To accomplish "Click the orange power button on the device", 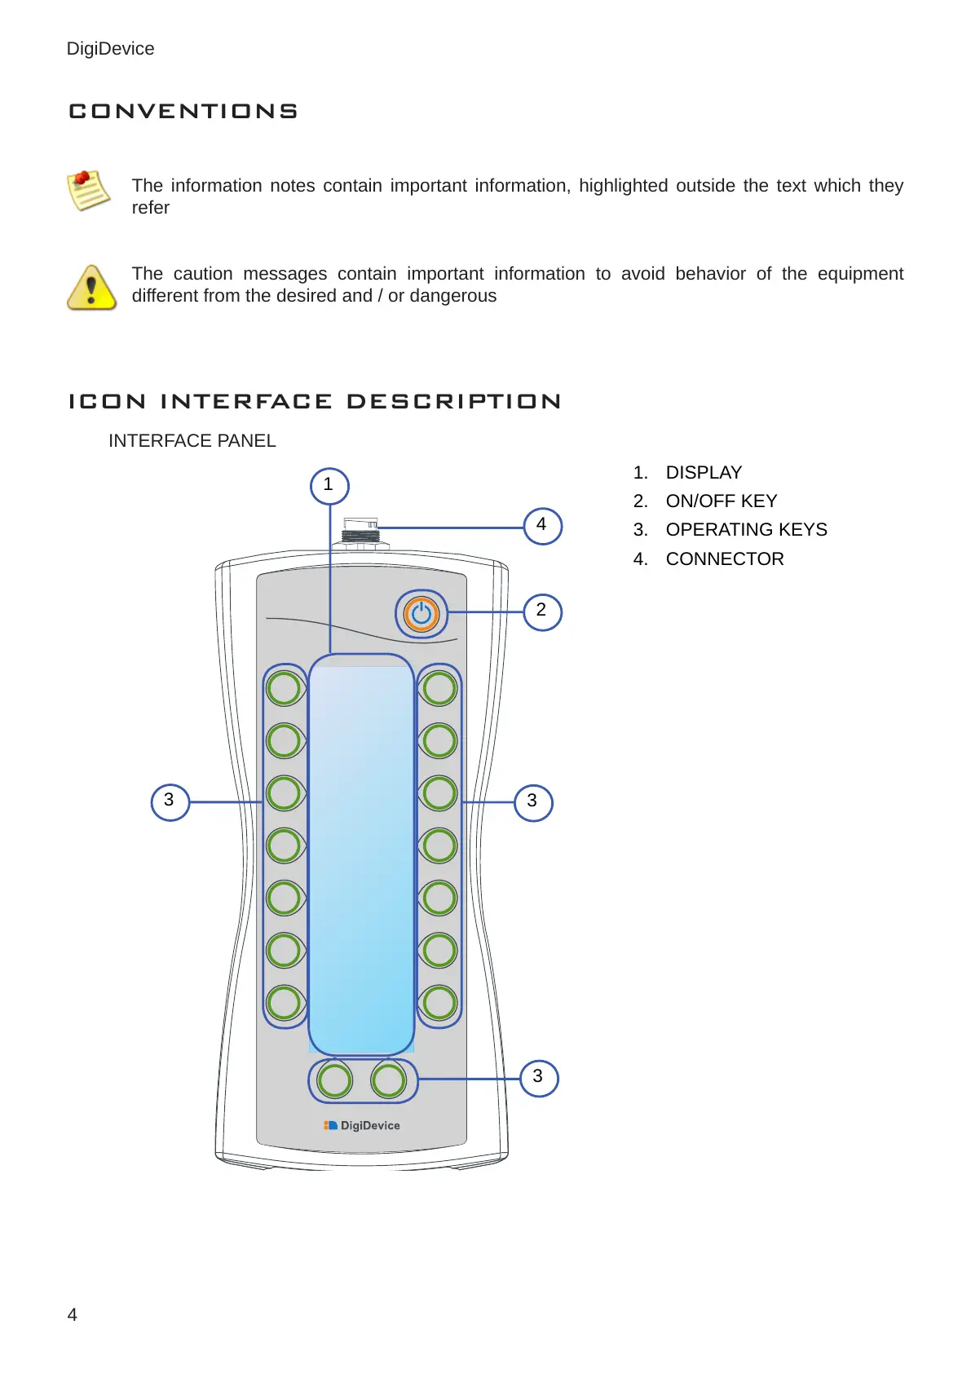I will [x=422, y=614].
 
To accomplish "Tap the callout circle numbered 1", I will [x=329, y=486].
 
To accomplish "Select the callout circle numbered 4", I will [x=542, y=525].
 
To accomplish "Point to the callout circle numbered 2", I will [x=542, y=611].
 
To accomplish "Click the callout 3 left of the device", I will [x=170, y=801].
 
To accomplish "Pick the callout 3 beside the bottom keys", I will [x=538, y=1077].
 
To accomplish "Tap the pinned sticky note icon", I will [x=88, y=190].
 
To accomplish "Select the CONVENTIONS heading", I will [x=183, y=111].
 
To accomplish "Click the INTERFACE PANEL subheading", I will [x=192, y=441].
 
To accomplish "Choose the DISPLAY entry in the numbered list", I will [x=704, y=473].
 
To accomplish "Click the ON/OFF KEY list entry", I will [x=722, y=501].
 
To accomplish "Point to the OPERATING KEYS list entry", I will [x=746, y=530].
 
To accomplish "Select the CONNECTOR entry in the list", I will [x=725, y=559].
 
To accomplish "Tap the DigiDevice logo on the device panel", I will [x=362, y=1125].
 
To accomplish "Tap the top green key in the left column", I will [x=284, y=688].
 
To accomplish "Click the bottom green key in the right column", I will [x=439, y=1003].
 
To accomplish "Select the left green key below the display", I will [x=334, y=1080].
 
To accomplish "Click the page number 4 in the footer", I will [x=73, y=1314].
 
